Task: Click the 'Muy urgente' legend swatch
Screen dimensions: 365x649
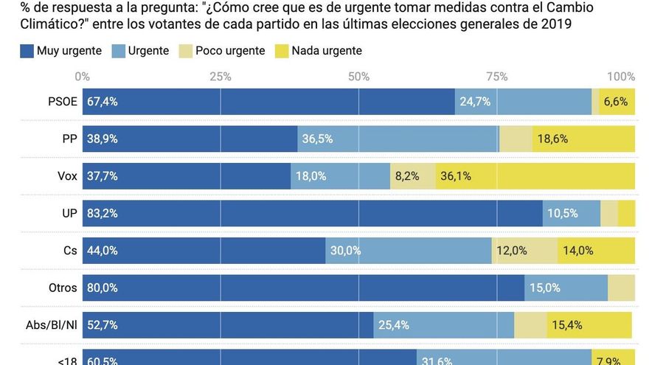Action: [x=27, y=51]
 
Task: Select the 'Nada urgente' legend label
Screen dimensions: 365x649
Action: [x=327, y=51]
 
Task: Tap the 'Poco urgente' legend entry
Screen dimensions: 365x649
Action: [x=230, y=51]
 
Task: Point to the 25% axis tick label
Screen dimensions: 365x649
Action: [x=221, y=77]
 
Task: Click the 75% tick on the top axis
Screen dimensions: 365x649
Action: [x=497, y=77]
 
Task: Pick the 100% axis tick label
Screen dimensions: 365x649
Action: [x=621, y=77]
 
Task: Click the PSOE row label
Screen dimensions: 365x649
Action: [x=63, y=102]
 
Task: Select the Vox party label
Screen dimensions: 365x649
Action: [x=66, y=176]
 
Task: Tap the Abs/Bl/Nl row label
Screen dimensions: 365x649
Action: [x=52, y=324]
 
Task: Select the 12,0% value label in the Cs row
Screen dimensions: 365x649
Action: [x=512, y=251]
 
